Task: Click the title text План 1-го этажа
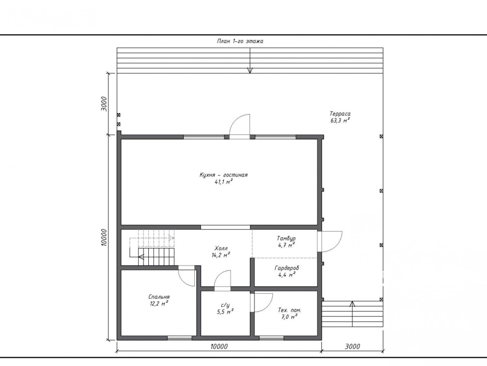coord(240,41)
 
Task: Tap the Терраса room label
coord(340,114)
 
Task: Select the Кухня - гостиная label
coord(223,175)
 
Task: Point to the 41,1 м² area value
coord(223,182)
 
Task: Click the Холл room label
coord(221,249)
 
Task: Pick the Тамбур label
coord(286,239)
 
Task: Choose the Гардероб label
coord(287,268)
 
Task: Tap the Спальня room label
coord(159,297)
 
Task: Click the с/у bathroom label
coord(225,305)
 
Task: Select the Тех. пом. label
coord(289,310)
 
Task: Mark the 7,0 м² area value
coord(289,317)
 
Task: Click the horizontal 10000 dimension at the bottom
coord(219,347)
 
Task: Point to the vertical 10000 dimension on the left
coord(104,238)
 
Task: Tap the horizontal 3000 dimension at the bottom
coord(352,347)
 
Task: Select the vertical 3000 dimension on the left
coord(104,104)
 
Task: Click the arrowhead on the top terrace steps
coord(250,71)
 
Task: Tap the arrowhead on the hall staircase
coord(141,257)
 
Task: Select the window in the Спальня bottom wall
coord(179,338)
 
